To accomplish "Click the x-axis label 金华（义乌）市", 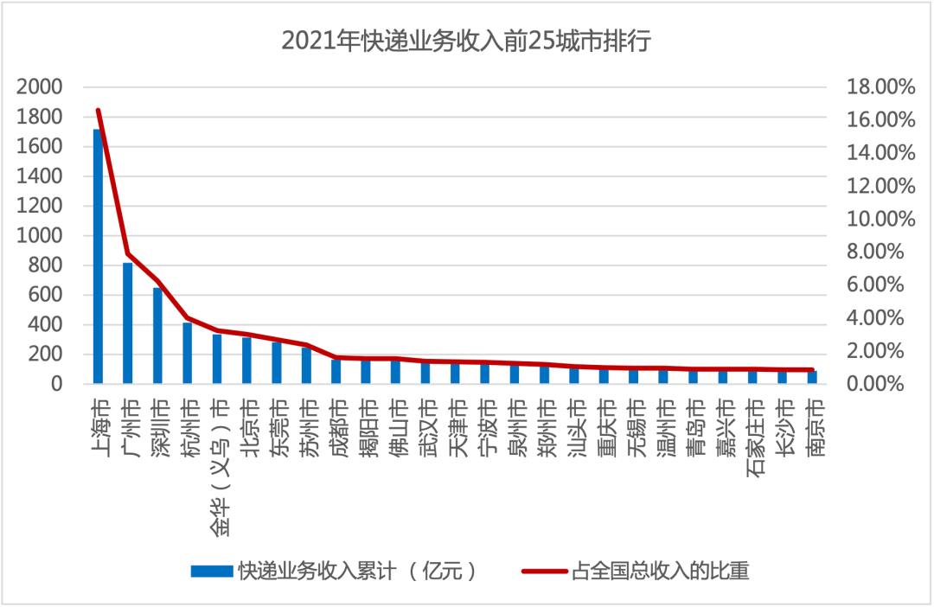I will (x=217, y=467).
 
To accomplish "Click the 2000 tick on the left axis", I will (x=44, y=86).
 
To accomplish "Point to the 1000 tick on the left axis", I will (x=44, y=235).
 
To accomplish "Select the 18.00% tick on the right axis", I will (x=878, y=86).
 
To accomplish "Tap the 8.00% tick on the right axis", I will (x=881, y=252).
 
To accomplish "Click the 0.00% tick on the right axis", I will (x=881, y=384).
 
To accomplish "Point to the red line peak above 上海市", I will (x=98, y=111).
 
